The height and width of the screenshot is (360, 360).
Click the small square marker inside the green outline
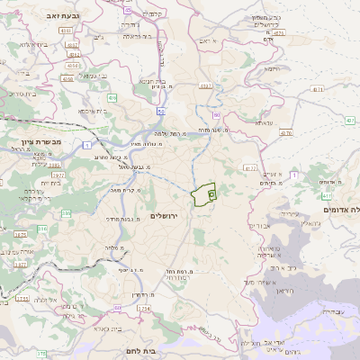point(211,193)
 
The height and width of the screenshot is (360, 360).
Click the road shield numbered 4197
point(207,86)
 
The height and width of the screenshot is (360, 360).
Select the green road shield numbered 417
point(325,195)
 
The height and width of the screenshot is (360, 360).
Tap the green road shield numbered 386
point(42,229)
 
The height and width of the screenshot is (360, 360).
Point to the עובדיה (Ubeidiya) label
point(331,310)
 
